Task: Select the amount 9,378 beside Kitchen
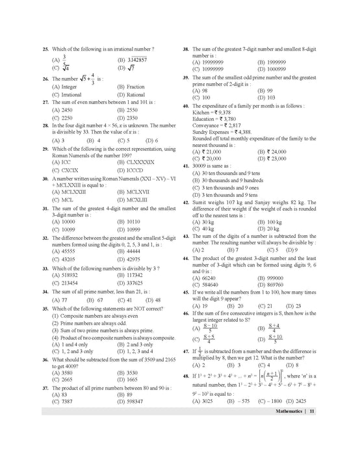click(224, 112)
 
